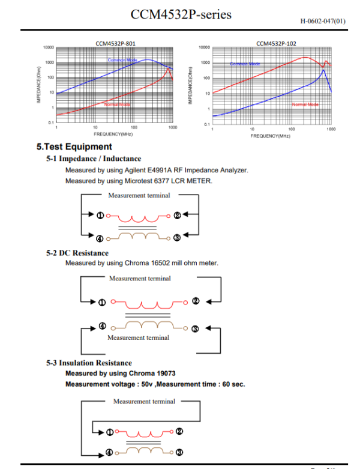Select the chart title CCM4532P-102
tap(276, 43)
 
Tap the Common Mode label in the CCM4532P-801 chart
tap(122, 61)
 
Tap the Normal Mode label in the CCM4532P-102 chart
tap(304, 104)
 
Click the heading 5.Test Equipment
tap(74, 147)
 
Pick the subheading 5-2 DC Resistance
tap(77, 253)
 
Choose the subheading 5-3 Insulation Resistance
tap(89, 363)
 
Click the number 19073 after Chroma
tap(162, 374)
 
